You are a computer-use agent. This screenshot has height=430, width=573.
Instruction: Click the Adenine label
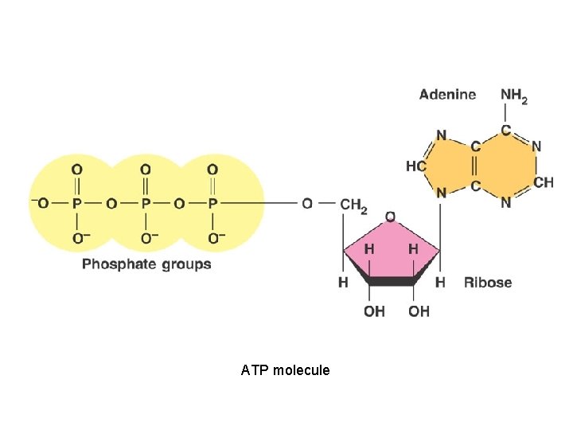[x=447, y=95]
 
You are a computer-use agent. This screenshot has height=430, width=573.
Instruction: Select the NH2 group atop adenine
[x=513, y=96]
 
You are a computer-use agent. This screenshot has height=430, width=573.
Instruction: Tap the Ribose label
[x=488, y=282]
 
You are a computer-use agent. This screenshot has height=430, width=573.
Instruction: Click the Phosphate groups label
[x=146, y=264]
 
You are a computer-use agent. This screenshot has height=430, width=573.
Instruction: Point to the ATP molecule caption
[x=285, y=370]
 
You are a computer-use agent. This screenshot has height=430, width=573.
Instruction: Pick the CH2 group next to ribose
[x=353, y=205]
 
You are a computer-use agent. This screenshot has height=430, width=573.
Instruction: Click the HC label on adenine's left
[x=415, y=166]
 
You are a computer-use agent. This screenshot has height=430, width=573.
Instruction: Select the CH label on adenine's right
[x=544, y=183]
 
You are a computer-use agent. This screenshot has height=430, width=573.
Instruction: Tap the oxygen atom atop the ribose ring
[x=390, y=217]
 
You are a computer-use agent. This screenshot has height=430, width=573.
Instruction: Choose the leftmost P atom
[x=77, y=204]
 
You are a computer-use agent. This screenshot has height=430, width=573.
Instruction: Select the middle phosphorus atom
[x=145, y=204]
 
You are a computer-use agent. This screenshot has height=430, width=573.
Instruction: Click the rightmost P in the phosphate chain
[x=212, y=204]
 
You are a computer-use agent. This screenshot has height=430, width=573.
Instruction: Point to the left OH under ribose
[x=374, y=311]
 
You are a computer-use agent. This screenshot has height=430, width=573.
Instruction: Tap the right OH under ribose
[x=419, y=311]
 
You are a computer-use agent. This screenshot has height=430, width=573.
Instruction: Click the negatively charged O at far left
[x=41, y=204]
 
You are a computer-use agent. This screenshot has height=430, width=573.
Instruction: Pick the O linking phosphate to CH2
[x=307, y=204]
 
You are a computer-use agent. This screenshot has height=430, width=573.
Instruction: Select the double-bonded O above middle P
[x=145, y=170]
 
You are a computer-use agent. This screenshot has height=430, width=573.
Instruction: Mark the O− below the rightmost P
[x=216, y=238]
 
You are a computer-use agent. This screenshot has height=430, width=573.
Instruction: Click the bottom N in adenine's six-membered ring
[x=506, y=204]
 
